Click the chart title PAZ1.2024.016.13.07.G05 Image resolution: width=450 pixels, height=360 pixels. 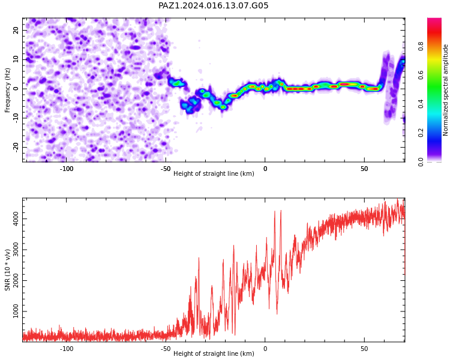coord(213,5)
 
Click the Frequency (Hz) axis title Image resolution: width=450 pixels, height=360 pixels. coord(7,90)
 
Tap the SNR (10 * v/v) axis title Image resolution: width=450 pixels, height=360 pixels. coord(7,270)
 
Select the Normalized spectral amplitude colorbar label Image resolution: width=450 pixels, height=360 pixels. coord(445,90)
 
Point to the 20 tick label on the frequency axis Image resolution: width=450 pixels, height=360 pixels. coord(16,30)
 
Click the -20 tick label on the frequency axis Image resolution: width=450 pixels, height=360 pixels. coord(16,147)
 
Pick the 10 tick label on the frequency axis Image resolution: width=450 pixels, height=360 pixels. coord(16,59)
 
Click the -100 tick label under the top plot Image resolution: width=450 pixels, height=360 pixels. coord(66,169)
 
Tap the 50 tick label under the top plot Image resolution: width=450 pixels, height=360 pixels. coord(364,169)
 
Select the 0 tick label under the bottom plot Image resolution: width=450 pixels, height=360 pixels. coord(265,349)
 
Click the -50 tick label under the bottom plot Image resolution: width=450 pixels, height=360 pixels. coord(166,349)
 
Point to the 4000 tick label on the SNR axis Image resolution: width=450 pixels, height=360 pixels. coord(16,219)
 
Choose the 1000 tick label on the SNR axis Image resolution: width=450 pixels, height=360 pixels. coord(16,311)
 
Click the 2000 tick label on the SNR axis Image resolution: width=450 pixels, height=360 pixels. coord(16,280)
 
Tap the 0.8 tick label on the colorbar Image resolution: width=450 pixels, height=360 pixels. coord(421,46)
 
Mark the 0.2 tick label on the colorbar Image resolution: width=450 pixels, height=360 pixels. coord(421,133)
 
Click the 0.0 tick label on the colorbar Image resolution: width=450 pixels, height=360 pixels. coord(421,162)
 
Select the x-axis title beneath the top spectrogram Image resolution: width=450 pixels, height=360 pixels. coord(214,173)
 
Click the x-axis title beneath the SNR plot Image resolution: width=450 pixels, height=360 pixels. coord(214,353)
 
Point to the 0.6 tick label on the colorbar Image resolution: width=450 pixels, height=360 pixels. coord(421,75)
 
